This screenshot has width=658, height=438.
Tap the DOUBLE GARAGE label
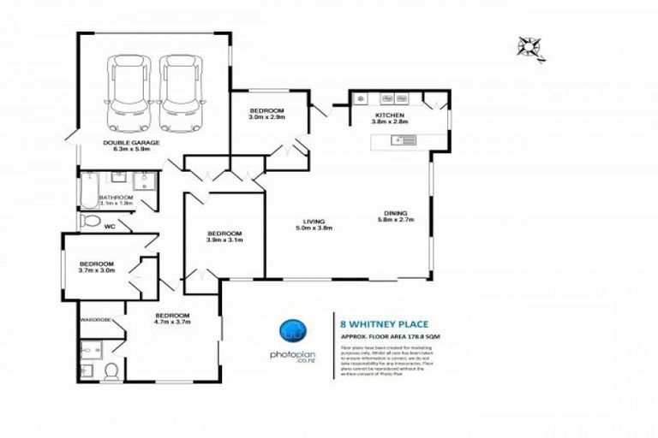pyautogui.click(x=128, y=143)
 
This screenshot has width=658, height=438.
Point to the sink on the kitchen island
pyautogui.click(x=400, y=140)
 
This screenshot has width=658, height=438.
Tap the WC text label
pyautogui.click(x=109, y=228)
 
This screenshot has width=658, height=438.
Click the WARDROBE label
pyautogui.click(x=96, y=320)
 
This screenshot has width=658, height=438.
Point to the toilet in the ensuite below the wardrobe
pyautogui.click(x=110, y=370)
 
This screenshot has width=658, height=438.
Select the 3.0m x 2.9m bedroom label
pyautogui.click(x=267, y=116)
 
